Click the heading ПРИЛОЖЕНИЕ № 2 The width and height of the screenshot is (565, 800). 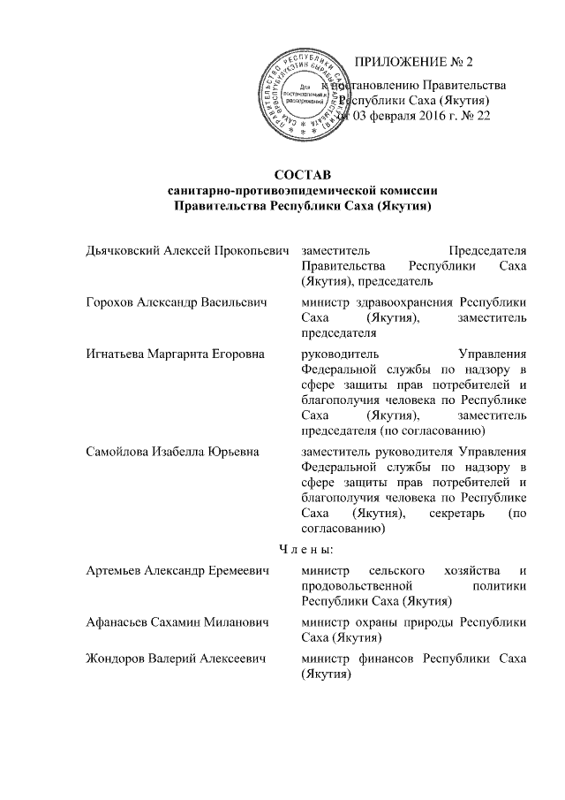pyautogui.click(x=414, y=62)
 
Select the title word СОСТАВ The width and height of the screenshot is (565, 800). pyautogui.click(x=303, y=174)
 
